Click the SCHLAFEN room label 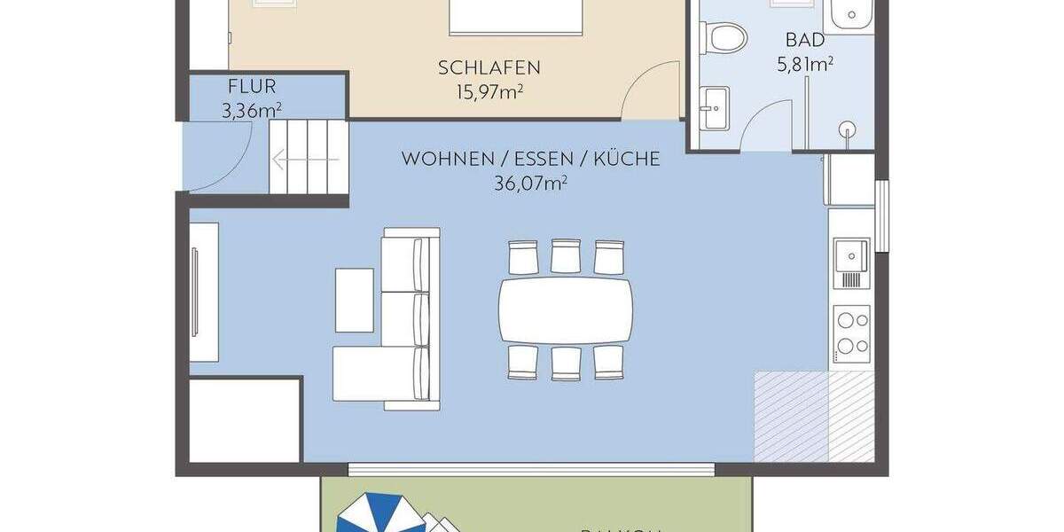(x=489, y=67)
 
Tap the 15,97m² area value (x=489, y=90)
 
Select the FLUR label (x=252, y=87)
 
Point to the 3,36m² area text (x=252, y=110)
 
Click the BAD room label (x=805, y=40)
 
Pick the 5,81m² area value (x=805, y=63)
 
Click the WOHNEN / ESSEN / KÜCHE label (x=530, y=160)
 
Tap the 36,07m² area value (x=530, y=184)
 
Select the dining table (x=566, y=309)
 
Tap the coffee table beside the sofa (x=354, y=300)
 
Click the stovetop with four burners (x=851, y=332)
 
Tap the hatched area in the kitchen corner (x=813, y=416)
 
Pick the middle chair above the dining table (x=566, y=256)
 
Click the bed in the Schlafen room (x=515, y=16)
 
